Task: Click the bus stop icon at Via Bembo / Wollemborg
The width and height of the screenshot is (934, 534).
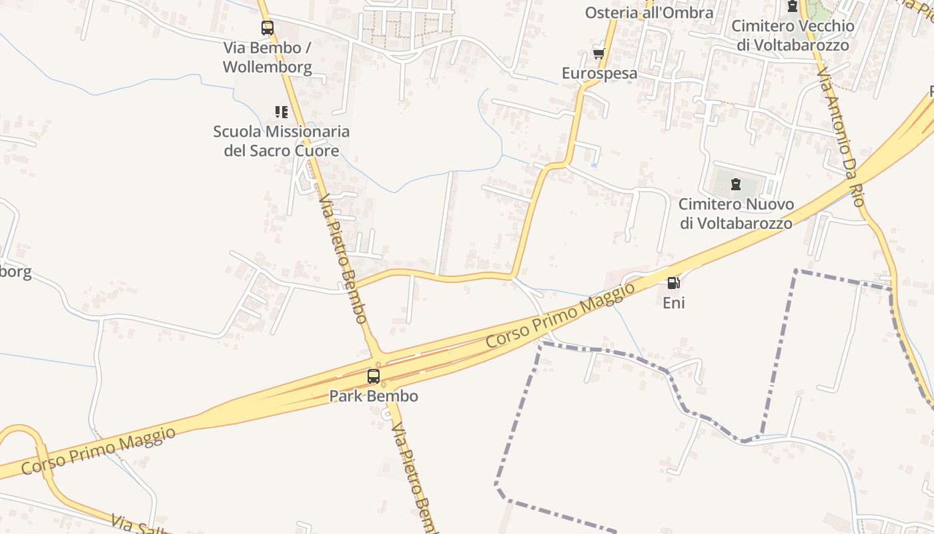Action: click(268, 28)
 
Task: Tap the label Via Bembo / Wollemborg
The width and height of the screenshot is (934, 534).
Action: click(268, 57)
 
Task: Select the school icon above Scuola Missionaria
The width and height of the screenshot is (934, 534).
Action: click(282, 111)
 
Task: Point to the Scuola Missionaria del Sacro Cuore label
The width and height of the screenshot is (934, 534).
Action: click(282, 141)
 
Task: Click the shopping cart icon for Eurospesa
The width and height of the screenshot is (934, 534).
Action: click(598, 53)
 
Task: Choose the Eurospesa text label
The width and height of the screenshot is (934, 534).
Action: click(599, 73)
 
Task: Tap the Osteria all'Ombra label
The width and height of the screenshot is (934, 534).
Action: click(649, 13)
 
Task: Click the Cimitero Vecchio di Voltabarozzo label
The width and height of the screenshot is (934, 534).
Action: click(793, 35)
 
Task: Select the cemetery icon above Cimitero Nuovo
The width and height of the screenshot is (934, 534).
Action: click(736, 184)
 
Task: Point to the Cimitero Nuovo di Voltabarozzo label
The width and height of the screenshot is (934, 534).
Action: click(736, 214)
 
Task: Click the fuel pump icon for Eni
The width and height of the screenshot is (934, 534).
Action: click(673, 283)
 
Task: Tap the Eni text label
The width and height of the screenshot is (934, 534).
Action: click(673, 303)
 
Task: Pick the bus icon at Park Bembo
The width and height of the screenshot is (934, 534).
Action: click(374, 376)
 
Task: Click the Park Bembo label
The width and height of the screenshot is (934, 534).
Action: click(374, 396)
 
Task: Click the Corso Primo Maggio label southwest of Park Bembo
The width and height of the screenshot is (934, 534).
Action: click(99, 451)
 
